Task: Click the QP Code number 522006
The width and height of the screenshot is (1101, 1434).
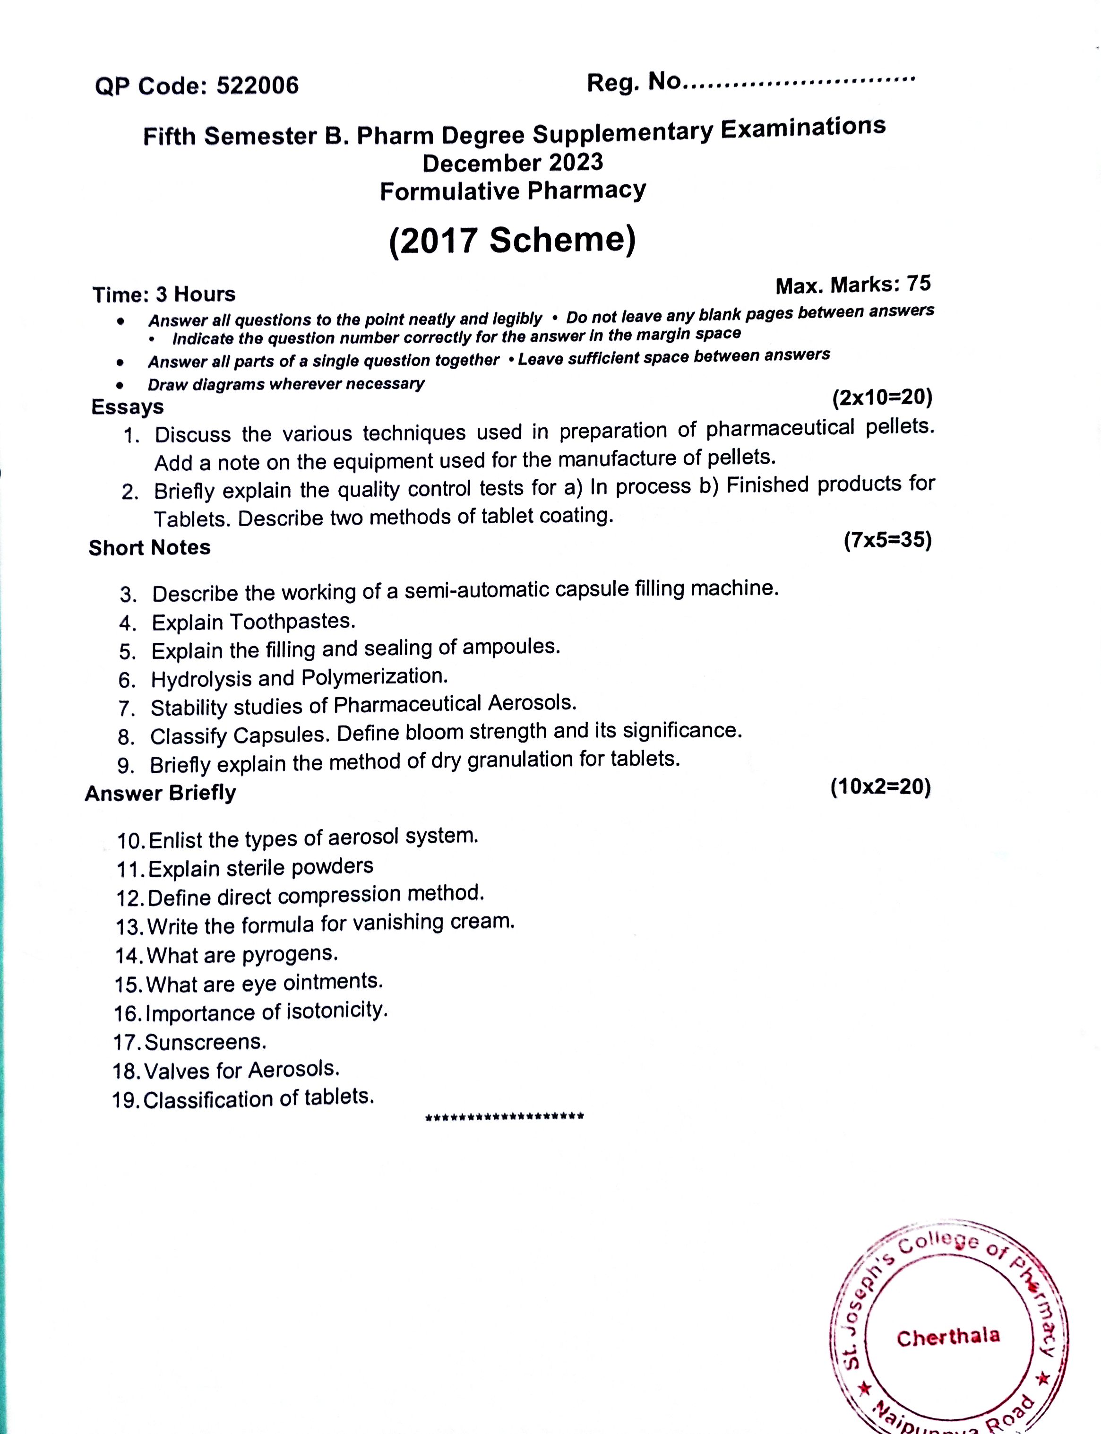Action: (x=257, y=85)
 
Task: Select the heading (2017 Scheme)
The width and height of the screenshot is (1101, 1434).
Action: (x=513, y=241)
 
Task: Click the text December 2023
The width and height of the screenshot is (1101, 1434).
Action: (x=513, y=163)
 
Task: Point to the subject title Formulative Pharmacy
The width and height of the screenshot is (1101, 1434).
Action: (x=513, y=191)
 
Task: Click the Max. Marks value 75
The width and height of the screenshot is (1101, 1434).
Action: (x=919, y=283)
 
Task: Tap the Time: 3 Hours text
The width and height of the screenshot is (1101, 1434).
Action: (x=164, y=294)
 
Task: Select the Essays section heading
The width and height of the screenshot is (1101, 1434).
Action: (x=127, y=406)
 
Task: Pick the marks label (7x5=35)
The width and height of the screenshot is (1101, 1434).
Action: (x=887, y=540)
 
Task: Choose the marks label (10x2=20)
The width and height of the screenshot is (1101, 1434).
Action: (x=880, y=786)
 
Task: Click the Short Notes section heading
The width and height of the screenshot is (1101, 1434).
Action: (x=149, y=547)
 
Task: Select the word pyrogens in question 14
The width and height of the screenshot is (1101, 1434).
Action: (x=290, y=954)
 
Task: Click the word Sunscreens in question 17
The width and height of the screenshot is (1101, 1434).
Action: (x=205, y=1042)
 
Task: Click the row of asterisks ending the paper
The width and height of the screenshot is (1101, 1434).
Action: (x=505, y=1117)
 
